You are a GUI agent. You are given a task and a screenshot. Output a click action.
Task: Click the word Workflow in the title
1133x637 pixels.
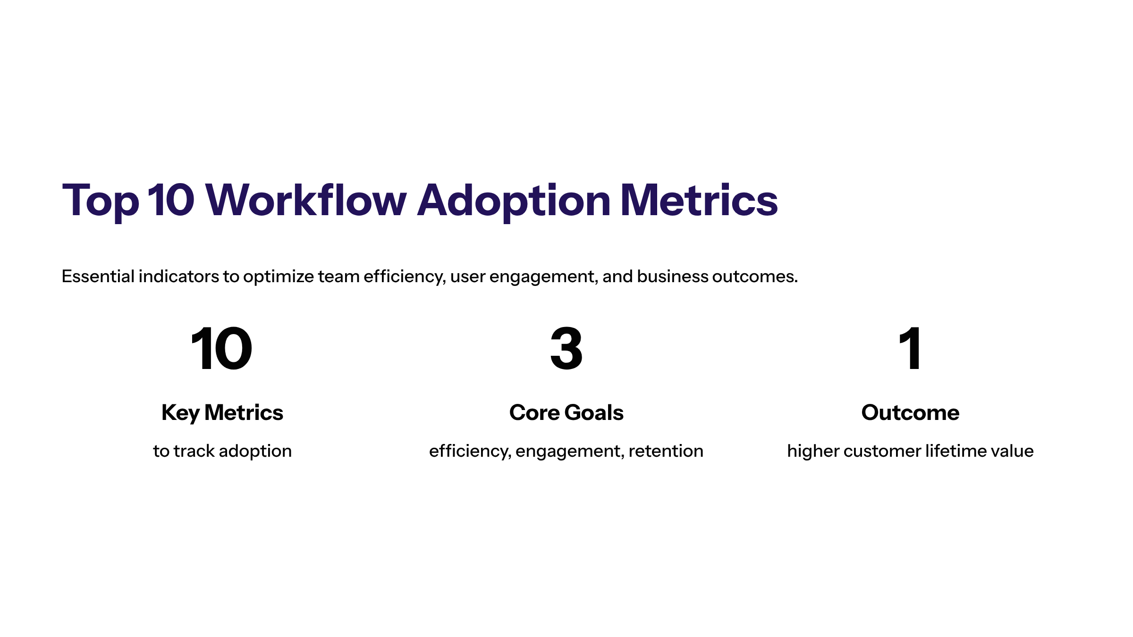tap(306, 201)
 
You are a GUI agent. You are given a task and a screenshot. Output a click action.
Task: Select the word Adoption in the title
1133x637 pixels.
tap(514, 201)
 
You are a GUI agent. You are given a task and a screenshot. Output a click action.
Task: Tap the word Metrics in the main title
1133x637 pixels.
tap(699, 201)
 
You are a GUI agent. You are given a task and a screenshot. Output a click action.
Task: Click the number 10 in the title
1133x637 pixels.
tap(171, 201)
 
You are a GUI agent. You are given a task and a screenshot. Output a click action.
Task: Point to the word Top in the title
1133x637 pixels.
tap(101, 201)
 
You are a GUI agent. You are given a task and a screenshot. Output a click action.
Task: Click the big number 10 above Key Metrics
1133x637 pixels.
tap(222, 349)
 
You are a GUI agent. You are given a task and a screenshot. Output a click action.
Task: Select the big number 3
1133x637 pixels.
tap(566, 349)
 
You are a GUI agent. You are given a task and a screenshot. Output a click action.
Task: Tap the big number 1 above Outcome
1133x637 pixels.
tap(910, 349)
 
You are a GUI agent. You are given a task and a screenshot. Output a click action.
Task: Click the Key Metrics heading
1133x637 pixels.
tap(222, 413)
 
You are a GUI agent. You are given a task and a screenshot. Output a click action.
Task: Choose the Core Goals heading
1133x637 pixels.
tap(566, 413)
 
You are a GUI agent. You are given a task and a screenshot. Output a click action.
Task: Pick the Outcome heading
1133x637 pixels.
tap(910, 413)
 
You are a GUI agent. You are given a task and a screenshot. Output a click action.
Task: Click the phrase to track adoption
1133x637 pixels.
tap(222, 451)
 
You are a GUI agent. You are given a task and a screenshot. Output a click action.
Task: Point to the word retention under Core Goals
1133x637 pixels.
tap(666, 451)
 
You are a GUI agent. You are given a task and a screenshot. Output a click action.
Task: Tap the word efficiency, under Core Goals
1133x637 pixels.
tap(470, 451)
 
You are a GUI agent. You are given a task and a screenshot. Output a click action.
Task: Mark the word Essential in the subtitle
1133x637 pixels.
tap(98, 277)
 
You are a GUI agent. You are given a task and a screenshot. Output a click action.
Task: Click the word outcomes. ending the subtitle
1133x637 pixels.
tap(755, 277)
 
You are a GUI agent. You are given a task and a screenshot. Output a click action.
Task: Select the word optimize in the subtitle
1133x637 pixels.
tap(278, 277)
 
